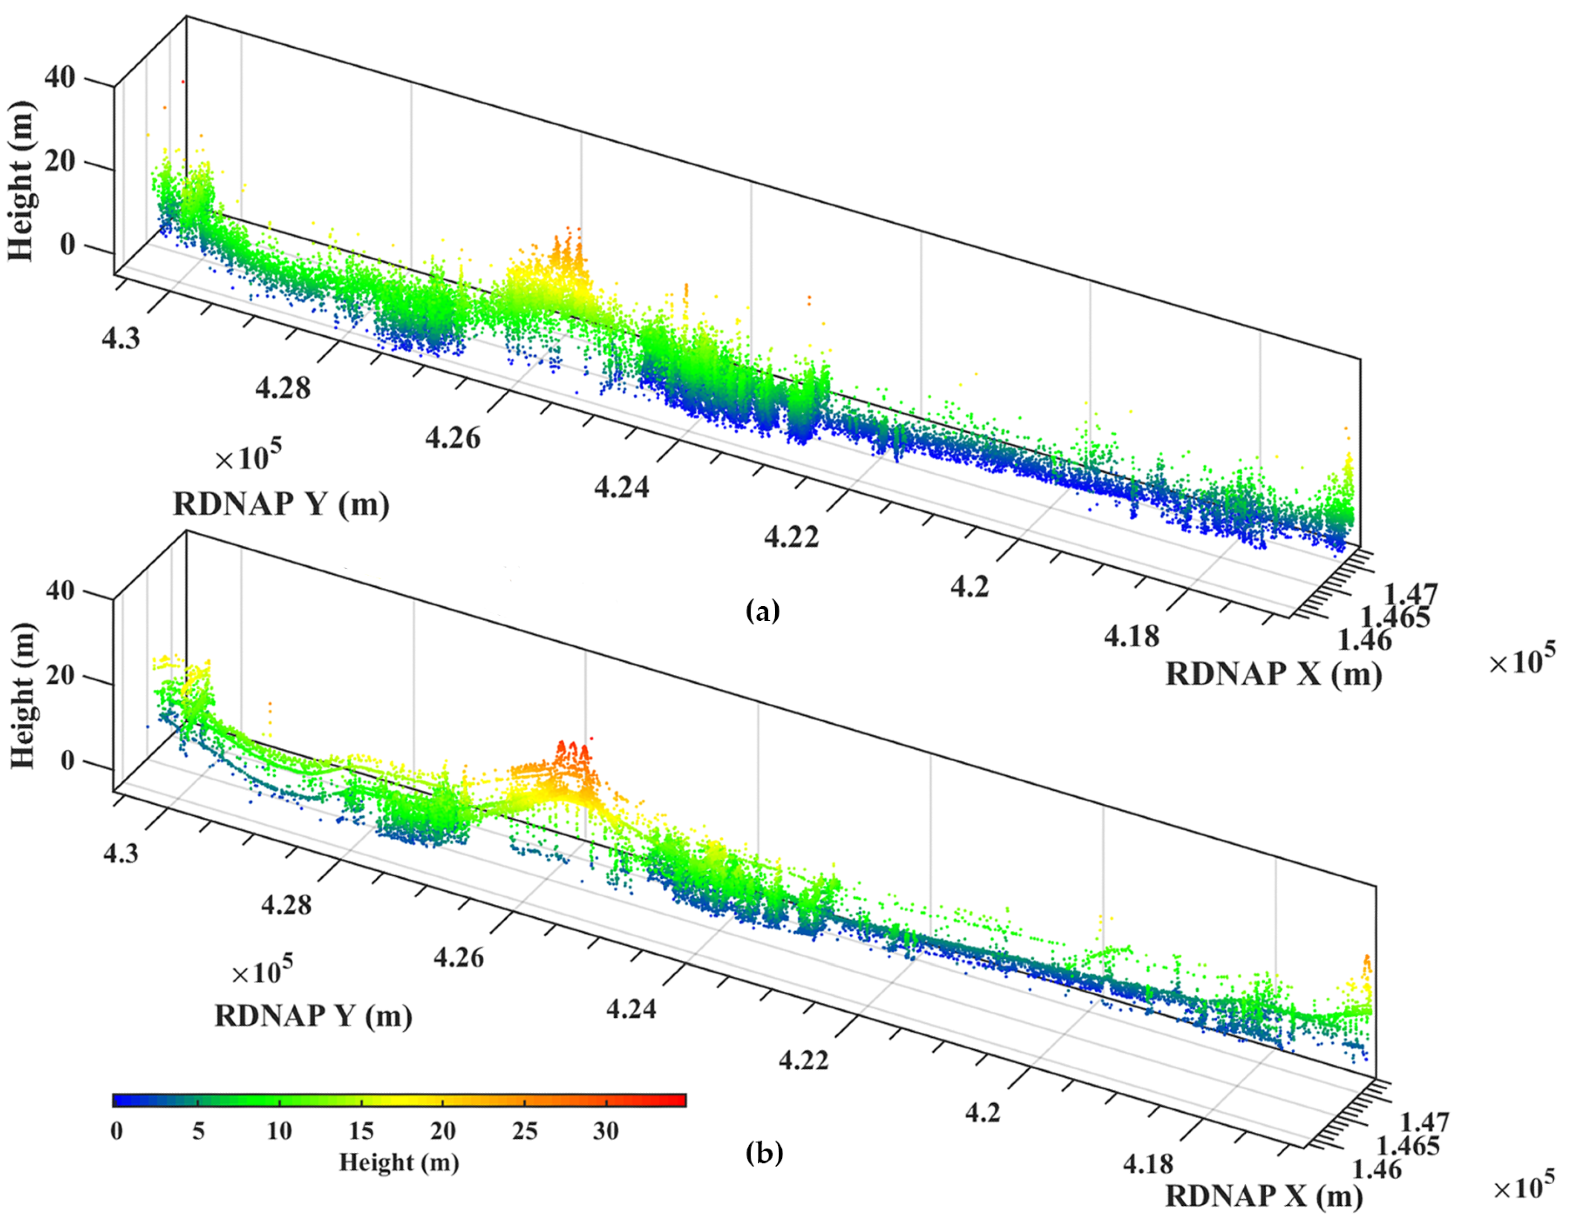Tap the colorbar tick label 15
[x=361, y=1131]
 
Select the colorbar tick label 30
[x=606, y=1131]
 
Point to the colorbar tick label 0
[x=117, y=1131]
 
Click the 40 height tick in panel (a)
[x=59, y=77]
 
